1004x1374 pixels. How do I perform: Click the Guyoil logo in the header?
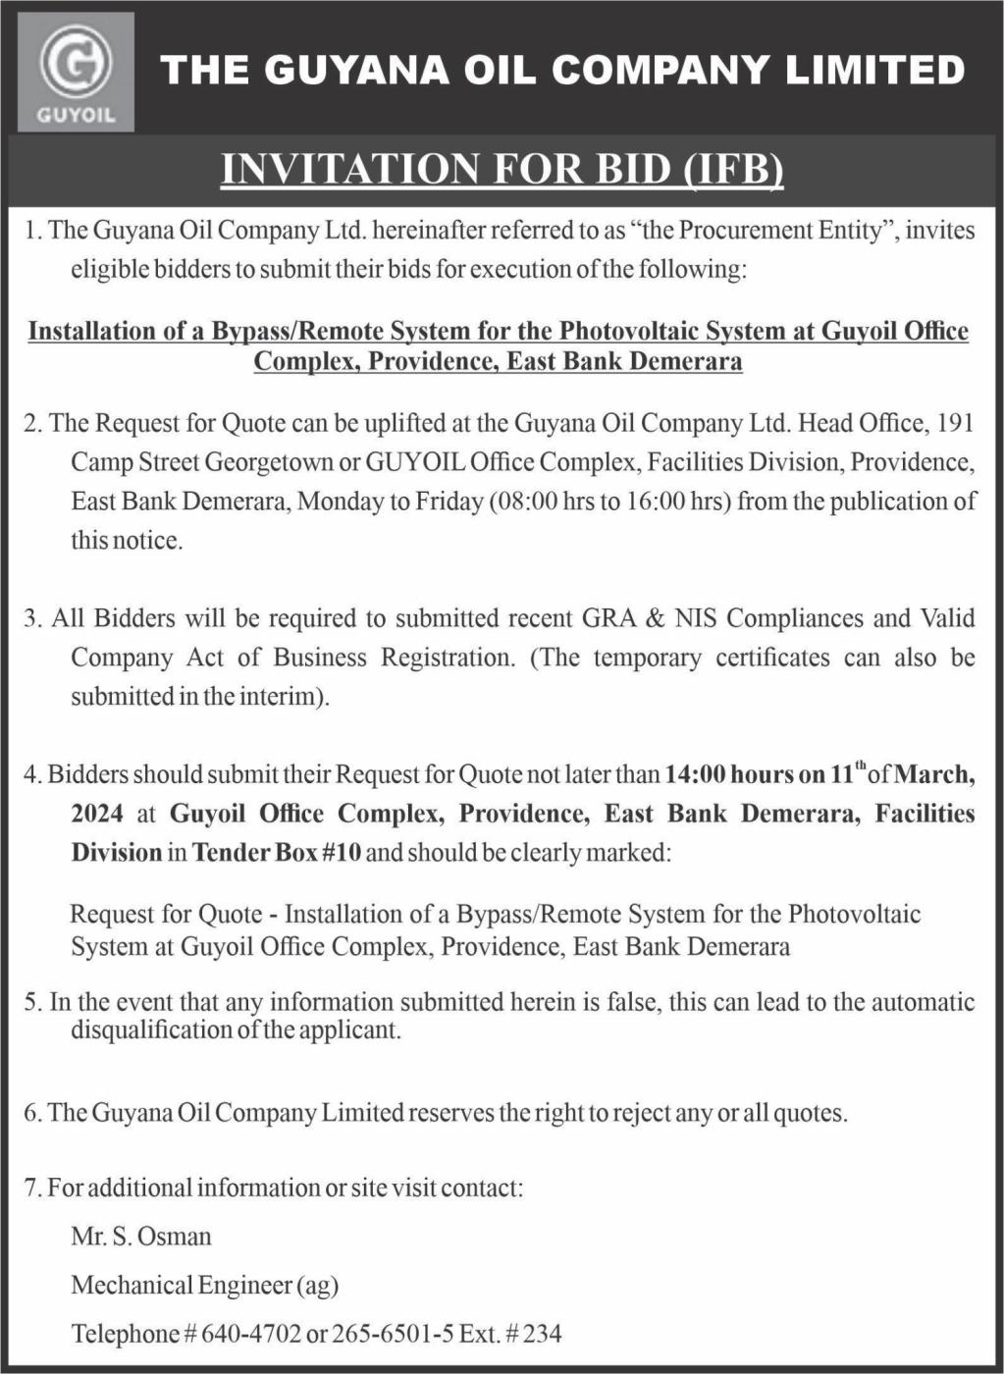(76, 73)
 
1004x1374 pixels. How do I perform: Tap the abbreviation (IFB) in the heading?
(732, 169)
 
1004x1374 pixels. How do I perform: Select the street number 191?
(956, 423)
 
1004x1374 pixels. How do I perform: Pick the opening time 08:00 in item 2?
(527, 502)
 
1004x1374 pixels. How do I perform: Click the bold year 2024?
(97, 814)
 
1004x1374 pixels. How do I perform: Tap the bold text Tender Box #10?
(277, 853)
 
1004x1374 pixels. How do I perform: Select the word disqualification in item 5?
(150, 1030)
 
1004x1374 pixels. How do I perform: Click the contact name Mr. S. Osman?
(141, 1236)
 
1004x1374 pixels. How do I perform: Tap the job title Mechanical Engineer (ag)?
(205, 1285)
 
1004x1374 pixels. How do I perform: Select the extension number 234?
(542, 1335)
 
